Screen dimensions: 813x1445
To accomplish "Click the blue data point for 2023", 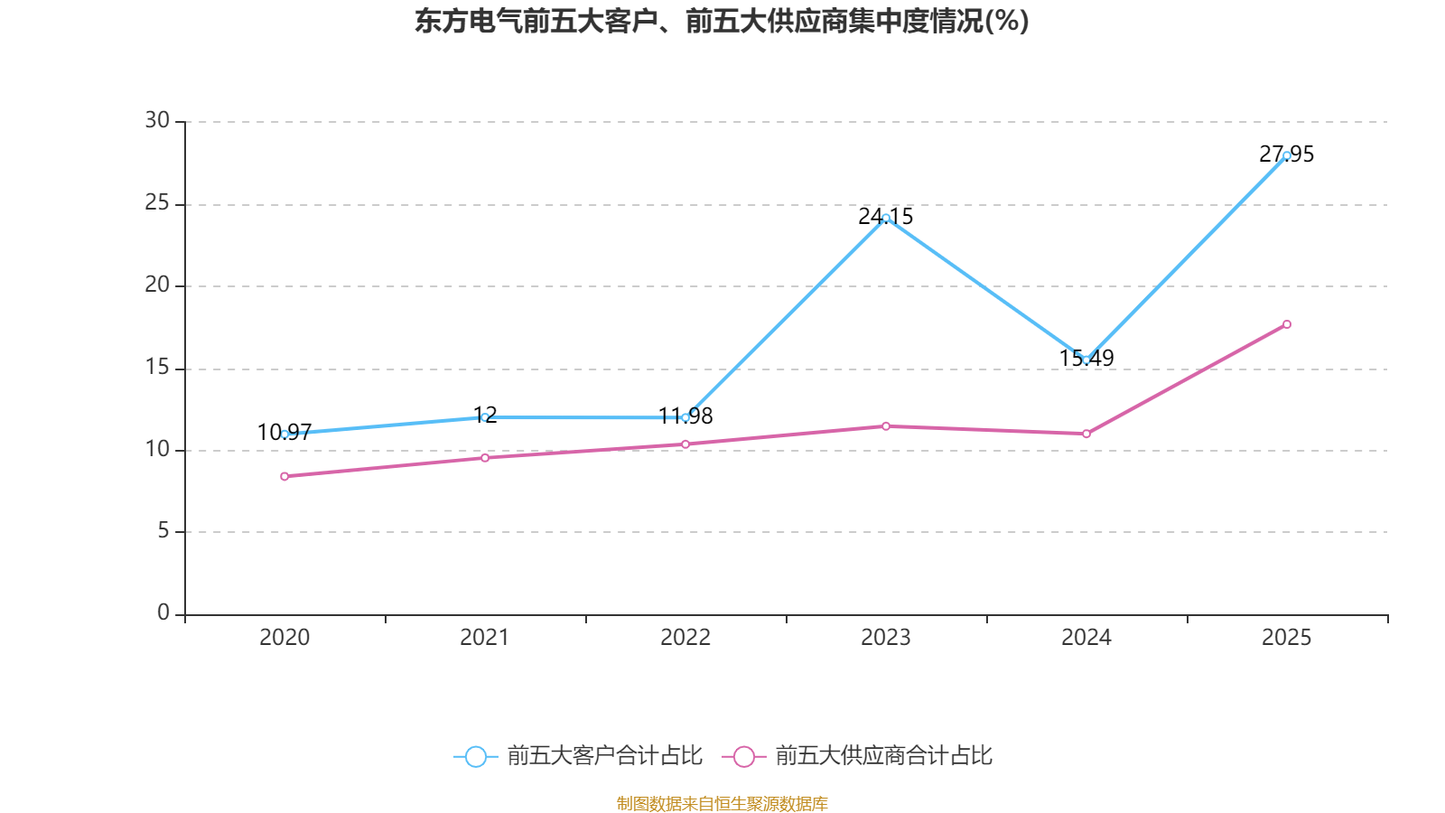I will [x=886, y=218].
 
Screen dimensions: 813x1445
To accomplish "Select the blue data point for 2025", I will [x=1287, y=155].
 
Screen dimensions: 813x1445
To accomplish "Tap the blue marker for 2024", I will [x=1086, y=360].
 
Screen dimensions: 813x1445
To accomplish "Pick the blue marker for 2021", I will [x=485, y=417].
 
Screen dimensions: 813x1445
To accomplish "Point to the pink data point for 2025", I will [x=1287, y=324].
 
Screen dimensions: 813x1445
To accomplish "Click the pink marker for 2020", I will [x=284, y=476].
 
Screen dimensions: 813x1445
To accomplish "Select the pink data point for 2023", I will [x=886, y=426].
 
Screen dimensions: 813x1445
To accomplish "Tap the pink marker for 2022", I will [x=685, y=444].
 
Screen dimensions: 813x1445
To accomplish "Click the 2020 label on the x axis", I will [x=284, y=638].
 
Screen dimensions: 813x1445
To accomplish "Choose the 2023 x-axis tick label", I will [x=886, y=638].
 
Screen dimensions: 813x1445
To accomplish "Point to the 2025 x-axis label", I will [x=1287, y=638].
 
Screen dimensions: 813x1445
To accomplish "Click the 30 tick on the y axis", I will [x=157, y=121].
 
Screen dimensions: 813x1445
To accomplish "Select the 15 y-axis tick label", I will [x=157, y=368].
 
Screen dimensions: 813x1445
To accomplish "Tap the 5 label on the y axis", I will [x=163, y=531].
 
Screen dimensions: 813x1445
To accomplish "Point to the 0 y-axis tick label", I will [x=163, y=613].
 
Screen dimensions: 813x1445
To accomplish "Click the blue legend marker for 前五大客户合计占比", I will [x=476, y=757].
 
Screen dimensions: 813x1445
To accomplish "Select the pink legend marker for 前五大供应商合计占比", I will [x=744, y=757].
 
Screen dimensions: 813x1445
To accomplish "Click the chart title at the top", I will [x=722, y=22].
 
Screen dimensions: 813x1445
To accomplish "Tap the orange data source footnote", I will [x=722, y=803].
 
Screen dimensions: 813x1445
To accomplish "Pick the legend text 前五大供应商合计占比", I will [x=883, y=756].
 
